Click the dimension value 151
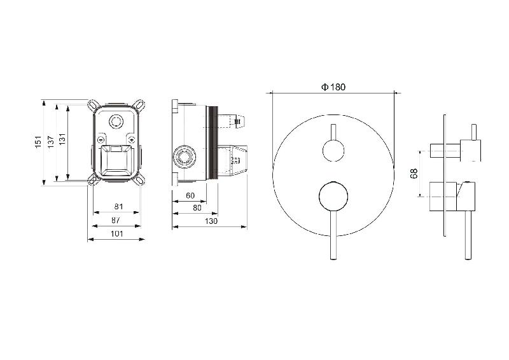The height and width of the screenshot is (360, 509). pyautogui.click(x=39, y=142)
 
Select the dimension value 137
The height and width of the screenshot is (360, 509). pyautogui.click(x=51, y=142)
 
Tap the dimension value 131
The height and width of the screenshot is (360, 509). pyautogui.click(x=62, y=139)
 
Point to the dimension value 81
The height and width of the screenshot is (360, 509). pyautogui.click(x=119, y=207)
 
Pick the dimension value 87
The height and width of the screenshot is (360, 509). pyautogui.click(x=116, y=220)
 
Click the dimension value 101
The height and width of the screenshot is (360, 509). pyautogui.click(x=116, y=233)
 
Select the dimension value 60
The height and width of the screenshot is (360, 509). pyautogui.click(x=190, y=195)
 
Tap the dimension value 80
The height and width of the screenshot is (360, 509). pyautogui.click(x=197, y=208)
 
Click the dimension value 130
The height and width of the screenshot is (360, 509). pyautogui.click(x=211, y=221)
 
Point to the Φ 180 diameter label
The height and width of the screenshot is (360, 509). pyautogui.click(x=333, y=87)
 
